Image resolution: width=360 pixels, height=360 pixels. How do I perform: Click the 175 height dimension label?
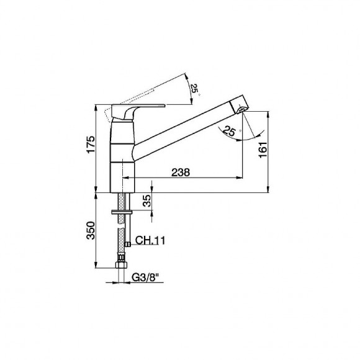tap(91, 145)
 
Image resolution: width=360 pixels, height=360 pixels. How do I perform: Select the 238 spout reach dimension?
tap(181, 172)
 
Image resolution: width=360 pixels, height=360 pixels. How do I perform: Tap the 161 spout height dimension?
tap(263, 150)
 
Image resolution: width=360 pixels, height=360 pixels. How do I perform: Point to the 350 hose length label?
tap(91, 230)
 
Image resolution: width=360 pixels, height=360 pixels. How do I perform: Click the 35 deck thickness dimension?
tap(147, 200)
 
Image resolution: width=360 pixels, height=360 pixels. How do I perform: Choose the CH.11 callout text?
tap(150, 240)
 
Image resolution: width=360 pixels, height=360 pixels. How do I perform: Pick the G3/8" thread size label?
tap(145, 277)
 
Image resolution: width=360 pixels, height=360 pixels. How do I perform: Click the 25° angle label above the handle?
tap(194, 88)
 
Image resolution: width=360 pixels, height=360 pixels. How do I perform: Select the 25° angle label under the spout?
tap(230, 131)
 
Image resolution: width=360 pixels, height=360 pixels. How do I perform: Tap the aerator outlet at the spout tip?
tap(241, 110)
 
